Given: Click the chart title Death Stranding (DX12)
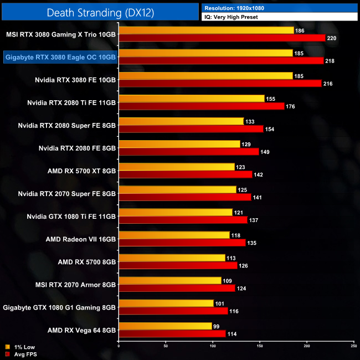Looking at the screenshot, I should pyautogui.click(x=99, y=12).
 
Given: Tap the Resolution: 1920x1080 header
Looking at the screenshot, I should pyautogui.click(x=233, y=8).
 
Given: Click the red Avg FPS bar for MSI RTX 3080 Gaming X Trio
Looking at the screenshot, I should pyautogui.click(x=222, y=38).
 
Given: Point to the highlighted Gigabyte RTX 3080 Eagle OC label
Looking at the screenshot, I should pyautogui.click(x=60, y=56).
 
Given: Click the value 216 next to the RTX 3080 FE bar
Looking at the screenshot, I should pyautogui.click(x=328, y=83).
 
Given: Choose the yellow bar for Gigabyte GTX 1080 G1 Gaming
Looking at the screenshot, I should pyautogui.click(x=166, y=303).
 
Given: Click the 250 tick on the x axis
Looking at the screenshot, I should pyautogui.click(x=354, y=346).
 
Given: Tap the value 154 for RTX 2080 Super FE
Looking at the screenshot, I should pyautogui.click(x=271, y=129).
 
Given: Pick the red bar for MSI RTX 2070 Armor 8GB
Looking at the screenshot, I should pyautogui.click(x=177, y=288).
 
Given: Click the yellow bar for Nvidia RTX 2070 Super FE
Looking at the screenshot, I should pyautogui.click(x=177, y=189).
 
